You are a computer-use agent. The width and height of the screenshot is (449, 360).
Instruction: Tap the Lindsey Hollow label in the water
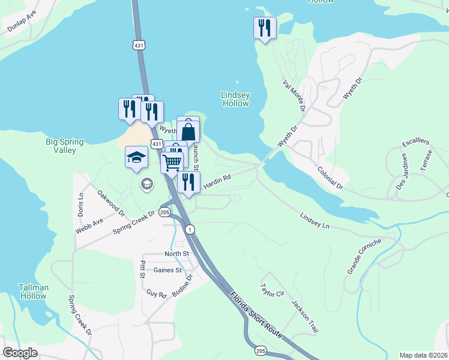[235, 99]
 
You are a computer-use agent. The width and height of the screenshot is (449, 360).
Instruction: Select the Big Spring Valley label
[64, 146]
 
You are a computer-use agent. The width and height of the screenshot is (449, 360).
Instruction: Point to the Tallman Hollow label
[33, 292]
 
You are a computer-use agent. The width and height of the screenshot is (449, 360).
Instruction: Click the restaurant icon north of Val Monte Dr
[264, 28]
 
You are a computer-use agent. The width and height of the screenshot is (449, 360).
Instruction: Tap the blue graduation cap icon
[136, 158]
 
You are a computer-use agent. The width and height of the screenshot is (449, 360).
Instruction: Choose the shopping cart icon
[172, 162]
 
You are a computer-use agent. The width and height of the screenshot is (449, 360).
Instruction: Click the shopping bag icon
[188, 131]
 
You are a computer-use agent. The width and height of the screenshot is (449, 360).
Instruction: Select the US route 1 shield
[190, 230]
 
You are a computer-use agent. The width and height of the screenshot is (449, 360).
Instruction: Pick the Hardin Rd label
[217, 182]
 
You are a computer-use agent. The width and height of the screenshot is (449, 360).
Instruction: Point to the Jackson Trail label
[304, 317]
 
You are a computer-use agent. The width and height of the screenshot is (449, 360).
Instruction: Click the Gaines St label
[167, 271]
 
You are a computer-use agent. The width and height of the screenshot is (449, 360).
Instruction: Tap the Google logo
[20, 353]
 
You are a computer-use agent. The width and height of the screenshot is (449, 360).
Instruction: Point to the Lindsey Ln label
[315, 220]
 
